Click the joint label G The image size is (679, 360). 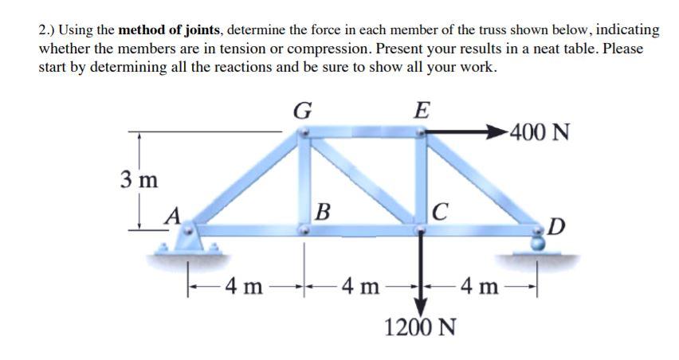(x=303, y=110)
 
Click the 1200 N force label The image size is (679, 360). (x=421, y=327)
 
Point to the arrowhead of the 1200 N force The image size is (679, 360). (x=421, y=307)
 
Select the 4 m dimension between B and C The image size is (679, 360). (x=362, y=284)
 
